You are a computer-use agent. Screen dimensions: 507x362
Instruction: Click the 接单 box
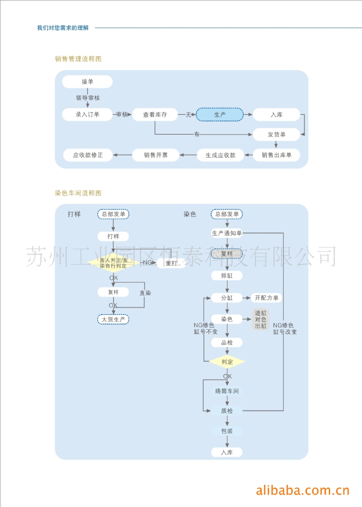(88, 82)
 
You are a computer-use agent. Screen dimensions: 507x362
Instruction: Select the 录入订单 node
(88, 114)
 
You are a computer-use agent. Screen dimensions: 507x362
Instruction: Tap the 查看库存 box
(155, 114)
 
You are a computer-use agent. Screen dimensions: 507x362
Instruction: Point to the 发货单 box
(276, 135)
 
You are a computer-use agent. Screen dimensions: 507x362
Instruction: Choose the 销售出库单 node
(276, 155)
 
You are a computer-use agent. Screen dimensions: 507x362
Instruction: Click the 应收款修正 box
(88, 155)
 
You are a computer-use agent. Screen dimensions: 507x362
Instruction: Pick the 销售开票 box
(155, 155)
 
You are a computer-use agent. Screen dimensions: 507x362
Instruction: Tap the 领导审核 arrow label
(88, 98)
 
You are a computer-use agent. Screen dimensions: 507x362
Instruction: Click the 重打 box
(171, 263)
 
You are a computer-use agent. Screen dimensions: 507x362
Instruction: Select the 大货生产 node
(113, 319)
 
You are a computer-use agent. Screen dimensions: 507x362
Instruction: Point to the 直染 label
(145, 293)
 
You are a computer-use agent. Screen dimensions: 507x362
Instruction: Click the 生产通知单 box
(227, 233)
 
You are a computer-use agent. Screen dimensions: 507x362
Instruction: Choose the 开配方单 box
(267, 298)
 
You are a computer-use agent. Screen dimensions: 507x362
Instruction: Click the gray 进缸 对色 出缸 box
(260, 319)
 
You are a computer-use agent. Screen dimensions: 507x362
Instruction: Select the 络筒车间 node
(227, 391)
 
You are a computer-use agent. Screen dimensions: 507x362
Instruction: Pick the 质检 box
(227, 410)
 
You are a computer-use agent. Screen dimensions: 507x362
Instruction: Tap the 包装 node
(227, 431)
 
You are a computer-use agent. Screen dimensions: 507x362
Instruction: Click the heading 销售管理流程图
(78, 59)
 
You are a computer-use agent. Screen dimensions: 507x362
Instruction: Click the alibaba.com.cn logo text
(303, 491)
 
